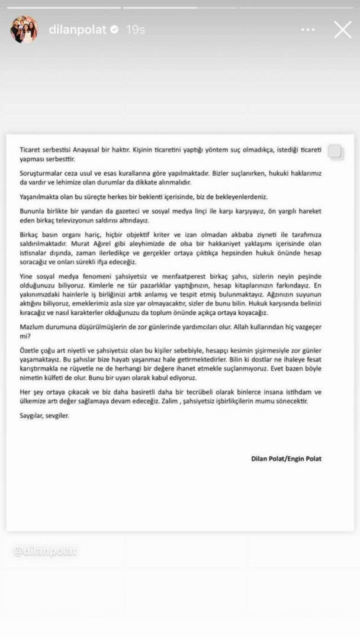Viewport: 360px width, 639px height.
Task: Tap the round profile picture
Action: [x=24, y=29]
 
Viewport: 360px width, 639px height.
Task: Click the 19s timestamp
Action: [x=135, y=30]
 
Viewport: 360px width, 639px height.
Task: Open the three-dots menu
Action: [x=308, y=30]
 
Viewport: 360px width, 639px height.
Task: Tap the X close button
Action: [x=342, y=30]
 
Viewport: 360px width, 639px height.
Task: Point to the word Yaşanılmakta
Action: [x=40, y=196]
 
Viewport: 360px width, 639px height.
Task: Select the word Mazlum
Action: [x=30, y=326]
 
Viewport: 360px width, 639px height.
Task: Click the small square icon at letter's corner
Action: [x=335, y=151]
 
